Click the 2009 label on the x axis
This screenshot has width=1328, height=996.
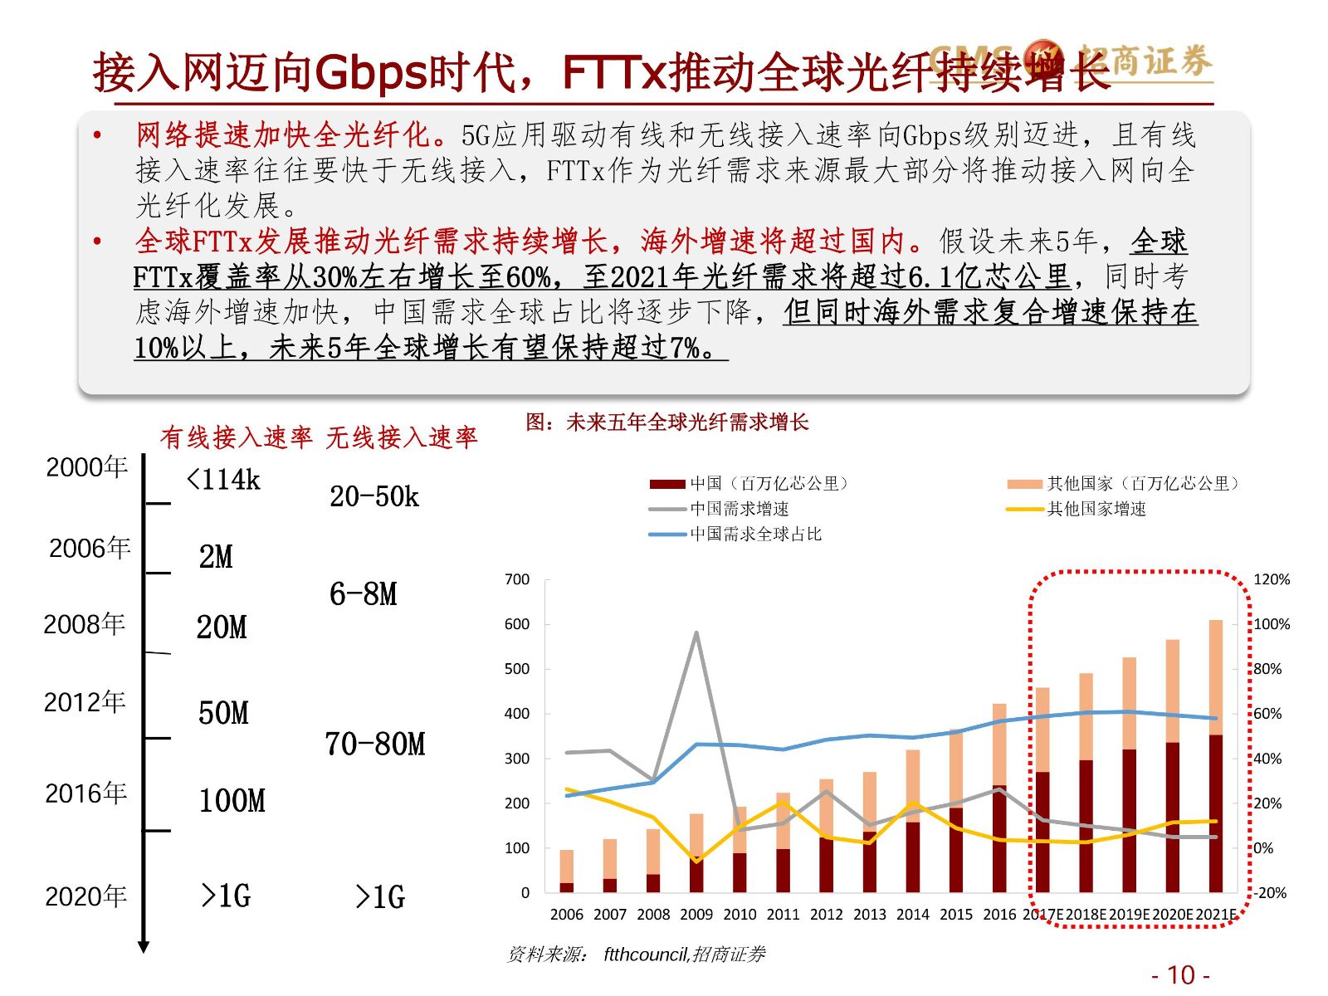point(696,914)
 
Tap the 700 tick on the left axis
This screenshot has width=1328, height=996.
point(517,579)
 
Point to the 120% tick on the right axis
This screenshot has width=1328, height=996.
point(1272,579)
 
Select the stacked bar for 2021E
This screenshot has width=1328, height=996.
point(1215,755)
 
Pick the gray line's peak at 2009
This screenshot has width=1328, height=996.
point(696,632)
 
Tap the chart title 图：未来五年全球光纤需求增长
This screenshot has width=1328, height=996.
point(666,422)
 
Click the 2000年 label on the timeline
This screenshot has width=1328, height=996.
point(86,467)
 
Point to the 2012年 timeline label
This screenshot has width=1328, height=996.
point(85,702)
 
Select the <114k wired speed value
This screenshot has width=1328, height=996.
point(223,480)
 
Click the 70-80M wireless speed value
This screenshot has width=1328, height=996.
point(375,745)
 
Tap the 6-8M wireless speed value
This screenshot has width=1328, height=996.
point(364,594)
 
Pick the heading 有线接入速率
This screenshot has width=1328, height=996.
point(237,437)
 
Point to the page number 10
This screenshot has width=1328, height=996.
point(1180,974)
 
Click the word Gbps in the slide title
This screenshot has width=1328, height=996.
point(371,73)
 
